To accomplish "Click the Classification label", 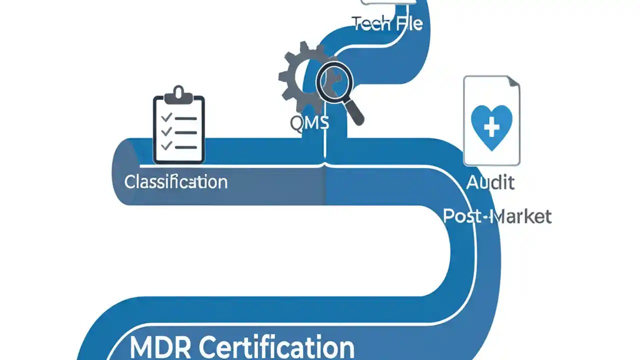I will (x=175, y=181).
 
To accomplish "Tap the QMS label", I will (x=309, y=122).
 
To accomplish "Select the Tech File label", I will (x=387, y=23).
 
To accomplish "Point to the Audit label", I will (x=490, y=182).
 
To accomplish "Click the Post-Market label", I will (x=497, y=216).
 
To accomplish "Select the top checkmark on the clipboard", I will (x=166, y=117).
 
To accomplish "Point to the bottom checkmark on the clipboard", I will (x=166, y=146).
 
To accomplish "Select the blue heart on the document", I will (x=491, y=126).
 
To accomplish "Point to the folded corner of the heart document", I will (x=513, y=83).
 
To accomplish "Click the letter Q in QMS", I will (x=296, y=122).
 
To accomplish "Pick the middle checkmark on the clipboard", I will (x=166, y=131).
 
